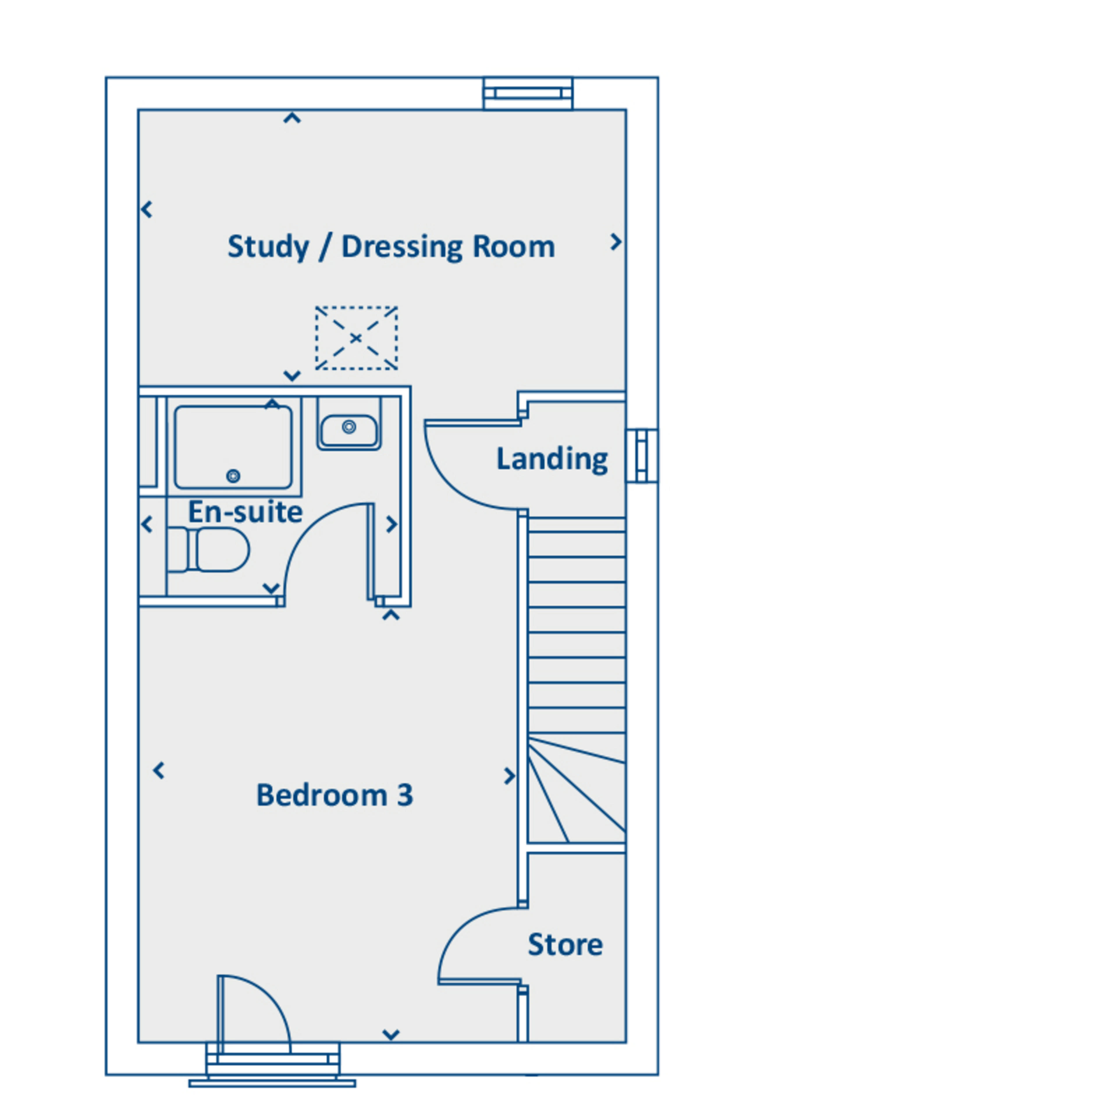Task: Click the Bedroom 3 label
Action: pyautogui.click(x=335, y=795)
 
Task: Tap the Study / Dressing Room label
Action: pyautogui.click(x=392, y=247)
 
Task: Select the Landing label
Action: pyautogui.click(x=552, y=459)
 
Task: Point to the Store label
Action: pyautogui.click(x=565, y=945)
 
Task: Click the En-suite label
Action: pyautogui.click(x=245, y=512)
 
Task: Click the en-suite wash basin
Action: pyautogui.click(x=349, y=430)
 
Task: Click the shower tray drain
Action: pyautogui.click(x=233, y=476)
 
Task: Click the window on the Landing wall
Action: pyautogui.click(x=642, y=456)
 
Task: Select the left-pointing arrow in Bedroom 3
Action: pyautogui.click(x=159, y=770)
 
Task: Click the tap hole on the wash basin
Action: pyautogui.click(x=349, y=427)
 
